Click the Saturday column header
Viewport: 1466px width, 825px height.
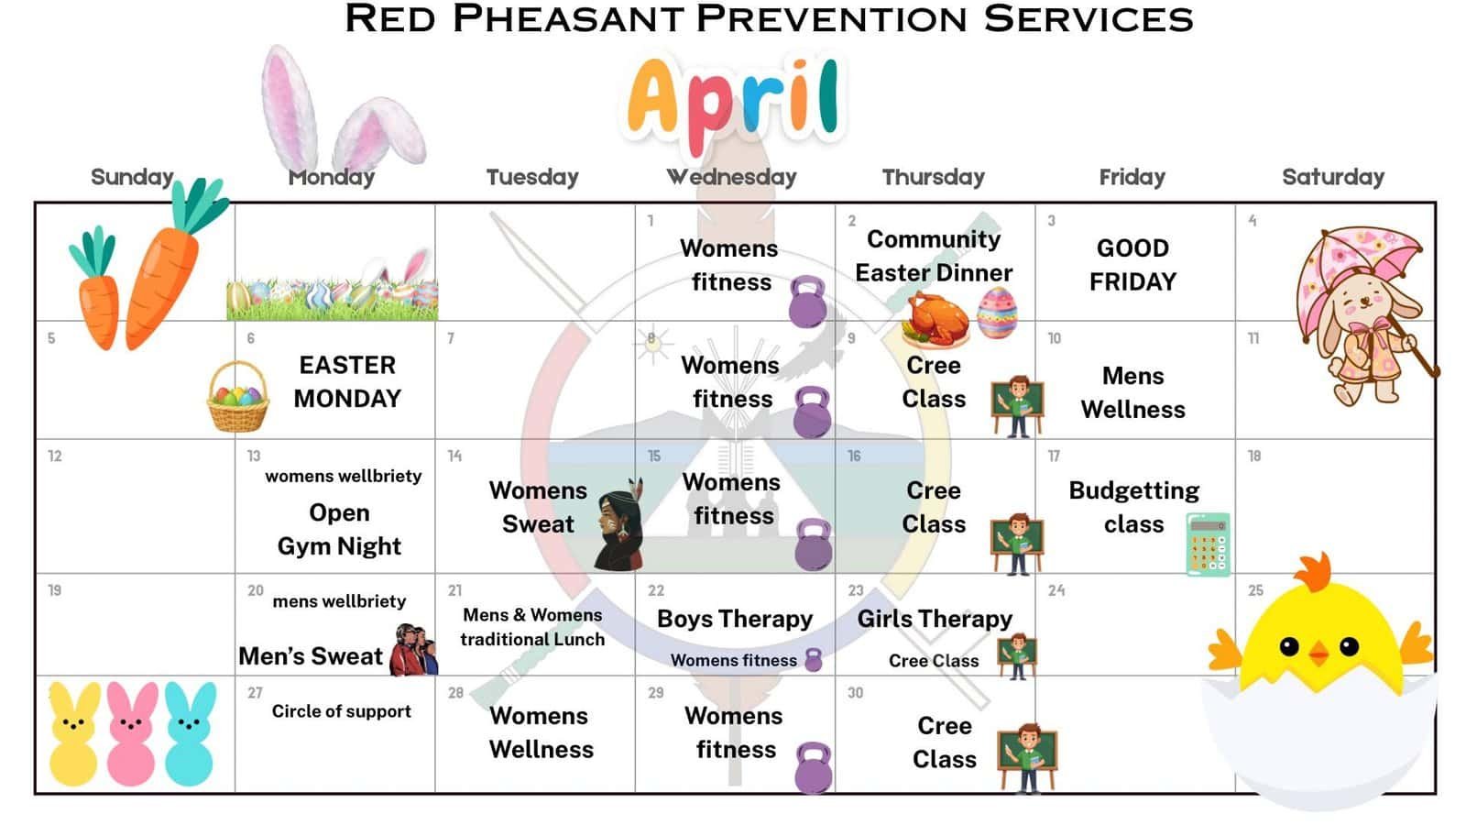[x=1332, y=177]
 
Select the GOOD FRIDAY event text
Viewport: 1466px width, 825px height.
[x=1132, y=265]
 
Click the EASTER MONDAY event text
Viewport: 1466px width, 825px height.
[x=347, y=381]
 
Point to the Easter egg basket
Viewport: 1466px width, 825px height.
[x=237, y=397]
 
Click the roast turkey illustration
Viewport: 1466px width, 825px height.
[x=935, y=320]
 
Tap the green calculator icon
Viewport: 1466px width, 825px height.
[x=1209, y=544]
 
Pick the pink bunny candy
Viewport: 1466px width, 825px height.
[x=131, y=733]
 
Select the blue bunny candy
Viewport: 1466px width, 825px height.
[x=190, y=733]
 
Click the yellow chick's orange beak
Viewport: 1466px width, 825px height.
[x=1318, y=653]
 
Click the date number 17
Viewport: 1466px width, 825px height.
[x=1054, y=456]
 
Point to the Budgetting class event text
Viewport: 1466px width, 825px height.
[x=1134, y=507]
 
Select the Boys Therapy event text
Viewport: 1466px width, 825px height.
[x=735, y=619]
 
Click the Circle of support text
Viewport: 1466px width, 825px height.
[x=341, y=711]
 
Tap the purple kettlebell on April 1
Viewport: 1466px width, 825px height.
[x=807, y=302]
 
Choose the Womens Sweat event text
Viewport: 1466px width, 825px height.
[x=538, y=507]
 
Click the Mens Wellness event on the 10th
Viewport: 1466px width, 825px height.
[x=1132, y=392]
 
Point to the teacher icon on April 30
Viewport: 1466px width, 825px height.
[x=1027, y=758]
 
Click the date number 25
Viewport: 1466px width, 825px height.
[x=1255, y=590]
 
